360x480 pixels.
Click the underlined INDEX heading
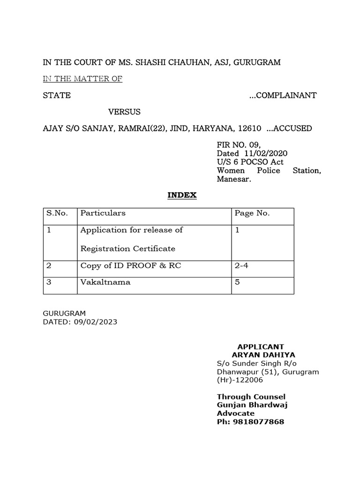pyautogui.click(x=182, y=195)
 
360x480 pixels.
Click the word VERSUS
pyautogui.click(x=124, y=112)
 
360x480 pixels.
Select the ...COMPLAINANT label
pyautogui.click(x=283, y=96)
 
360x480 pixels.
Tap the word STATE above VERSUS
pyautogui.click(x=57, y=96)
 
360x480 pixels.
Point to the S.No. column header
pyautogui.click(x=57, y=213)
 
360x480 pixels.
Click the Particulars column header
pyautogui.click(x=103, y=213)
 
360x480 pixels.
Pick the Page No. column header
pyautogui.click(x=252, y=213)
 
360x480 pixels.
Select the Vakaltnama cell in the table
pyautogui.click(x=105, y=283)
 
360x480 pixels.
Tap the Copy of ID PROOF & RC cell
pyautogui.click(x=131, y=266)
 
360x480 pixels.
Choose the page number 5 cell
pyautogui.click(x=237, y=283)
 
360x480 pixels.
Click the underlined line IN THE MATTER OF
pyautogui.click(x=82, y=79)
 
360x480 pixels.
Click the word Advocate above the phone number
pyautogui.click(x=235, y=413)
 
